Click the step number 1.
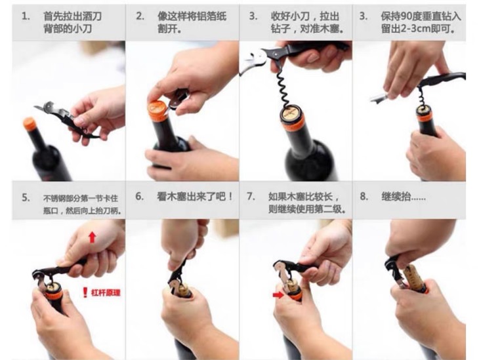click(26, 16)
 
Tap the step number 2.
click(140, 16)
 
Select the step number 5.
click(26, 198)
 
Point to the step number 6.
click(140, 196)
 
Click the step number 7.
click(251, 196)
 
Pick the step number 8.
click(364, 196)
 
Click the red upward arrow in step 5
click(93, 237)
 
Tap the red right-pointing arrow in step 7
click(278, 295)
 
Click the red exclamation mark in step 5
click(85, 292)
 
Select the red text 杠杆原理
click(106, 293)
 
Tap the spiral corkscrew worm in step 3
click(283, 88)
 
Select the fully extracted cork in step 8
click(415, 278)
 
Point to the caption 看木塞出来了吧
click(191, 196)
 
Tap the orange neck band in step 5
click(54, 297)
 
